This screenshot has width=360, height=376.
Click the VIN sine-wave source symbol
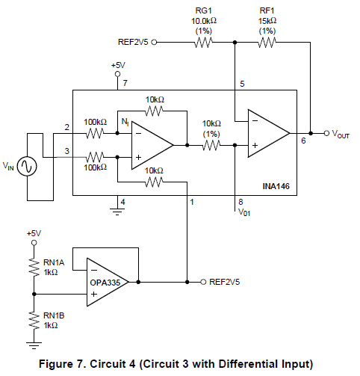[27, 166]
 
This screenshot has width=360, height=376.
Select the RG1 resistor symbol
[203, 43]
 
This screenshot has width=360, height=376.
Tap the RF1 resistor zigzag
[267, 43]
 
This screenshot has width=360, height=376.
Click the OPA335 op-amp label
[105, 283]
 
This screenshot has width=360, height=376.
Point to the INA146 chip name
[276, 186]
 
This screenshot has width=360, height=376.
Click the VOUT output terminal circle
[326, 133]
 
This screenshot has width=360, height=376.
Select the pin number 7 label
[125, 83]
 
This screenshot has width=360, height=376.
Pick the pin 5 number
[242, 84]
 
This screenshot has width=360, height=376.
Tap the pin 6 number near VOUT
[303, 141]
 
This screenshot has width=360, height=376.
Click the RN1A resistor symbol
[34, 267]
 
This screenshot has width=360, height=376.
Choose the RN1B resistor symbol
[34, 320]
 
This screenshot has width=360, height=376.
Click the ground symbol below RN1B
[34, 345]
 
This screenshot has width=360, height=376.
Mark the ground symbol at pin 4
[117, 212]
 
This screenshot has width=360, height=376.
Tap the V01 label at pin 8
[244, 212]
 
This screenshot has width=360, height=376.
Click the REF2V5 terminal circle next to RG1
[154, 43]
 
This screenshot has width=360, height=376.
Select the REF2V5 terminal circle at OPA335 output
[203, 282]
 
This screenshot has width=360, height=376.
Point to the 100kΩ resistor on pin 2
[95, 133]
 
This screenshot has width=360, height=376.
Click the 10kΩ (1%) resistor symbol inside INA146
[211, 145]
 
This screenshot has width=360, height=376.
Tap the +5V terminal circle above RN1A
[34, 243]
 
